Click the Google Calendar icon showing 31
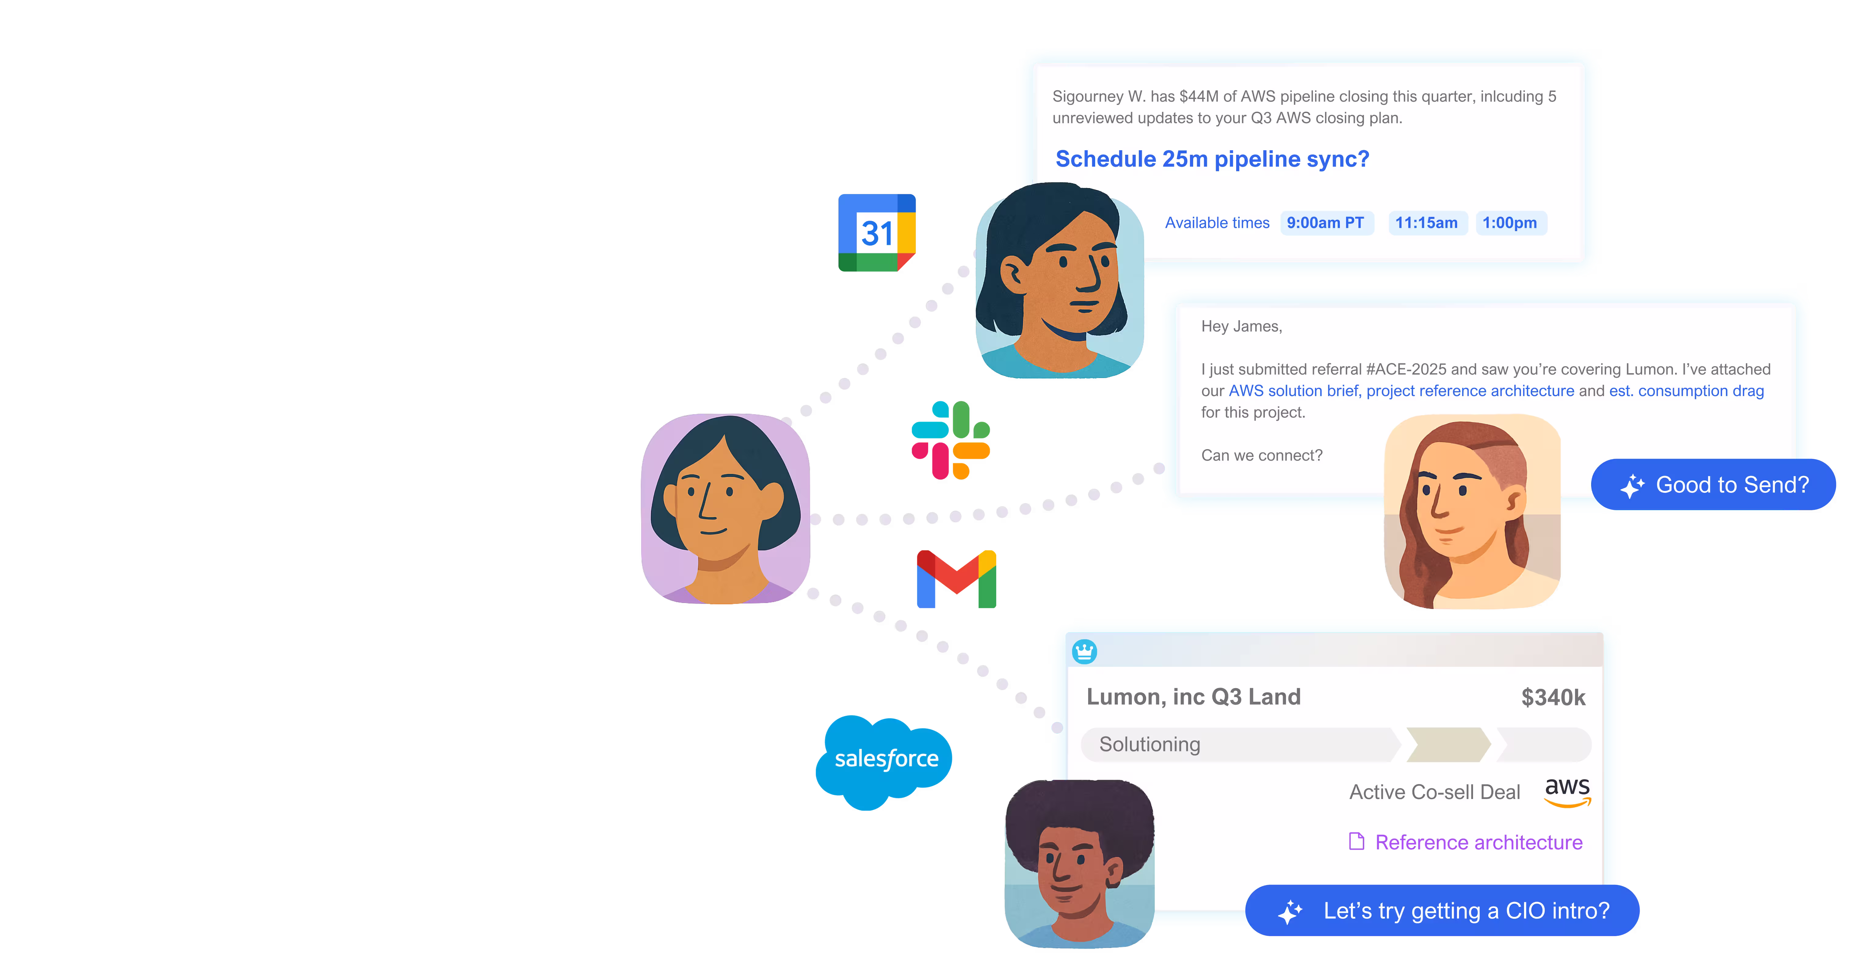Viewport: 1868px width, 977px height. click(877, 233)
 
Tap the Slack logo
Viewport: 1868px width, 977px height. click(951, 440)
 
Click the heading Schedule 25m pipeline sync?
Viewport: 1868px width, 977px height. click(1212, 159)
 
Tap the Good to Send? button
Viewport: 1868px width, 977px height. click(1714, 485)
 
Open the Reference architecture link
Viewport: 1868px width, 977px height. click(1478, 842)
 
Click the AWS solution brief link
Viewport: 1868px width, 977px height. click(1293, 391)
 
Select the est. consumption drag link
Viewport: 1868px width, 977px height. click(1686, 391)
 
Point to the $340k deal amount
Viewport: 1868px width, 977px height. click(1553, 697)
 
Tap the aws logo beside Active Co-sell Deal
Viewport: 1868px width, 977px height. click(1567, 791)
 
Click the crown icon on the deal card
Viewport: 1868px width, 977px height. click(1084, 651)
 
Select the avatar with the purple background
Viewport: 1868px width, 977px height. click(725, 508)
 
